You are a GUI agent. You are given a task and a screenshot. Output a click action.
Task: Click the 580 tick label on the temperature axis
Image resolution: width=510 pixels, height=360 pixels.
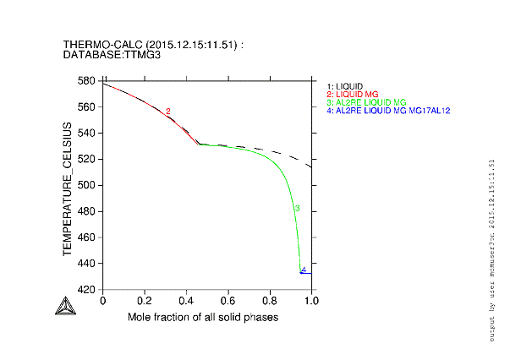pyautogui.click(x=87, y=81)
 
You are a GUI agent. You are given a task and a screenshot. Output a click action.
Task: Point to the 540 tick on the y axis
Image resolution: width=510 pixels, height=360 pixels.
pyautogui.click(x=87, y=134)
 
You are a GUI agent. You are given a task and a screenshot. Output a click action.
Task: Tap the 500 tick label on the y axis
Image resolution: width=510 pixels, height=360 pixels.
pyautogui.click(x=87, y=185)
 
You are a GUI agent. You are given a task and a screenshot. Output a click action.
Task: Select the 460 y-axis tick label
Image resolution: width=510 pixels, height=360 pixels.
pyautogui.click(x=87, y=237)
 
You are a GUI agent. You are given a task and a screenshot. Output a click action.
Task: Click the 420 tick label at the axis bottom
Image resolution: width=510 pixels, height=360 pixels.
pyautogui.click(x=87, y=290)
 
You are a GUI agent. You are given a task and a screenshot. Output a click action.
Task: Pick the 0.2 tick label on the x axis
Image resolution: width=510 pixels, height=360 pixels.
pyautogui.click(x=145, y=301)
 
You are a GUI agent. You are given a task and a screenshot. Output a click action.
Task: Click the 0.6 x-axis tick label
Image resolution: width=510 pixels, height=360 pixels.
pyautogui.click(x=228, y=301)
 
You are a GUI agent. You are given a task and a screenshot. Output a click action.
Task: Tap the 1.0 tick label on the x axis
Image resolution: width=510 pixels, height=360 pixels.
pyautogui.click(x=311, y=301)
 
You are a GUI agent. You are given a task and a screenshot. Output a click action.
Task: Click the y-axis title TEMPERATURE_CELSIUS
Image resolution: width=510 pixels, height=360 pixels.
pyautogui.click(x=67, y=185)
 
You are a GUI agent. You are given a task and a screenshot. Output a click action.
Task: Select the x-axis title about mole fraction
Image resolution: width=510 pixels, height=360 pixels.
pyautogui.click(x=203, y=317)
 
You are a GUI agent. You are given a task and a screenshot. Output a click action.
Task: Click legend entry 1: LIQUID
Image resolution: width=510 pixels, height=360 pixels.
pyautogui.click(x=344, y=86)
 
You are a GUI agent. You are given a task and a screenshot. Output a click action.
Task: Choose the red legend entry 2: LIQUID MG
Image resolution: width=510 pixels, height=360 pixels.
pyautogui.click(x=353, y=94)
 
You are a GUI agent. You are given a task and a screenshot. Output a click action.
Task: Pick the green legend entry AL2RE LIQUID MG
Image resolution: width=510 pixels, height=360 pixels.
pyautogui.click(x=365, y=102)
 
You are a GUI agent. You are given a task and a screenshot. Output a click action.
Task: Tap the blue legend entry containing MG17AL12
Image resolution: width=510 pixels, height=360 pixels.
pyautogui.click(x=388, y=111)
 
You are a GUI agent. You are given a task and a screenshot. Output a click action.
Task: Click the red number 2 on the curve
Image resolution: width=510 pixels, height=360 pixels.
pyautogui.click(x=168, y=112)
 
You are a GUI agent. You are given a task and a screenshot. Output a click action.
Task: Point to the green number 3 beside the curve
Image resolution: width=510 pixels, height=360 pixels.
pyautogui.click(x=297, y=208)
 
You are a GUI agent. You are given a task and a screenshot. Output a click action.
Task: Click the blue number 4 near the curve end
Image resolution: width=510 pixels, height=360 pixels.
pyautogui.click(x=303, y=270)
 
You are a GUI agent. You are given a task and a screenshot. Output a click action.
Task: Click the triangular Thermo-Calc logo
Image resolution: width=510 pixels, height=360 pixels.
pyautogui.click(x=64, y=307)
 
